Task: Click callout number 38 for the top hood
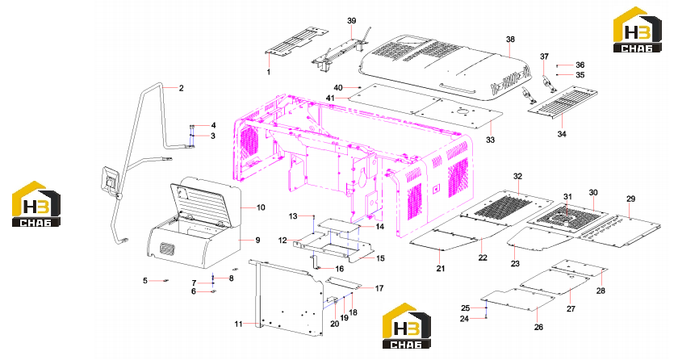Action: (x=510, y=40)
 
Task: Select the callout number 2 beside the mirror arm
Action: (x=181, y=88)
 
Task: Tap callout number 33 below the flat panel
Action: (x=490, y=140)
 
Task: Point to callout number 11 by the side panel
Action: (x=238, y=324)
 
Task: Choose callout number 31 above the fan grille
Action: (x=567, y=197)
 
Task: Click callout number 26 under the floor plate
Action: (x=538, y=327)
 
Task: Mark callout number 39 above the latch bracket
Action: (x=352, y=21)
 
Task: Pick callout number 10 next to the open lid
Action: (x=261, y=207)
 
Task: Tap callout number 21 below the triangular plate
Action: (x=440, y=268)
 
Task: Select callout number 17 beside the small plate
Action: (x=379, y=288)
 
